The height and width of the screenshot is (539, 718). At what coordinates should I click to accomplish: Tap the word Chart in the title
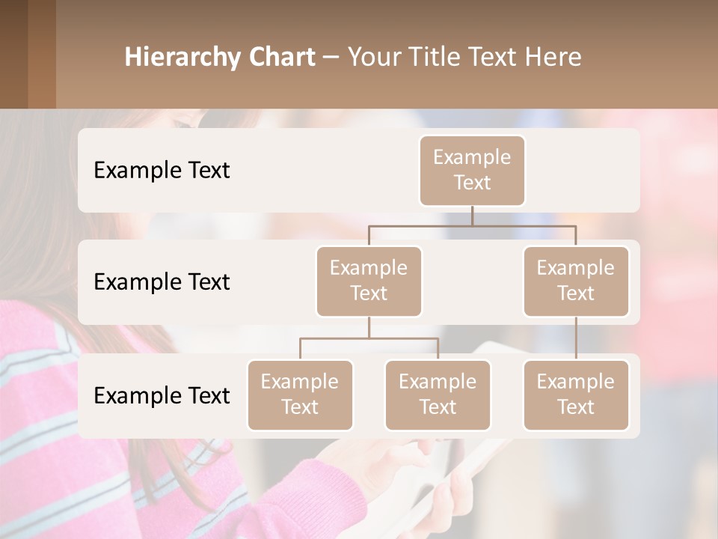(x=278, y=58)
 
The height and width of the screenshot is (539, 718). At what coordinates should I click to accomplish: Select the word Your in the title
(x=372, y=58)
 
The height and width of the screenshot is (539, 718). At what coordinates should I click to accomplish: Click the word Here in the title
(x=553, y=58)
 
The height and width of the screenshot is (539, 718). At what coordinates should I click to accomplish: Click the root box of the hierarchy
(x=472, y=170)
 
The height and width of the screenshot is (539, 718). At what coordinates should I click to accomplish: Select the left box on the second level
(x=369, y=281)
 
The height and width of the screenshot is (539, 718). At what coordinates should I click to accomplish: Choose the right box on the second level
(x=576, y=281)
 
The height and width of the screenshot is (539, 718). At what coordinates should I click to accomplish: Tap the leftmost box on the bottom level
(x=300, y=395)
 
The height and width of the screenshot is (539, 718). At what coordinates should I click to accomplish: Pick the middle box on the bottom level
(x=438, y=395)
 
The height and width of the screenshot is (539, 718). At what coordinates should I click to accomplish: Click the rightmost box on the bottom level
(x=576, y=395)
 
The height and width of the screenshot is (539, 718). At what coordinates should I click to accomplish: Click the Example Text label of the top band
(x=162, y=170)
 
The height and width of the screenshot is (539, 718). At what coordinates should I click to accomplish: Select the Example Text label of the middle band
(x=162, y=281)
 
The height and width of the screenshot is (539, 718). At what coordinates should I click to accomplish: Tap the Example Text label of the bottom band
(x=162, y=395)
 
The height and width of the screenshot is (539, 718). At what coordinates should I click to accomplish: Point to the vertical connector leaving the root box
(x=472, y=216)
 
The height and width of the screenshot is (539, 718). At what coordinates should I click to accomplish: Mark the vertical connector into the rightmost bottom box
(x=576, y=338)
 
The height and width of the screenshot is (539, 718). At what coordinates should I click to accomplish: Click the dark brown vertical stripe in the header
(x=41, y=54)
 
